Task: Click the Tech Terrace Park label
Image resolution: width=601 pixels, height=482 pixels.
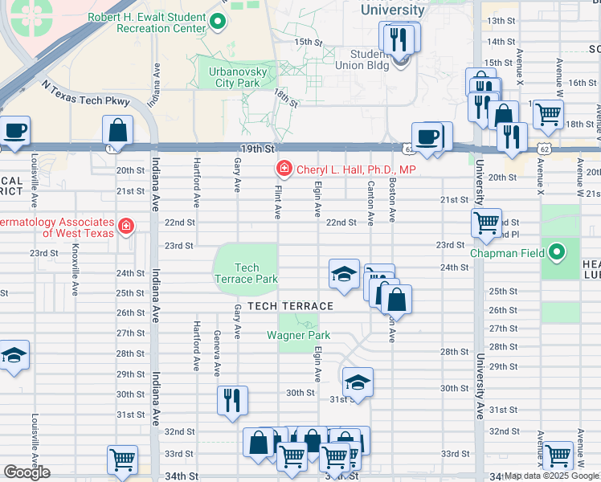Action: pos(246,273)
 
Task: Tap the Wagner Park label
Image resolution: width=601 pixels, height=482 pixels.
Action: pos(299,335)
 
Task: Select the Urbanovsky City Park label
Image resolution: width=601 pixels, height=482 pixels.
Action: pos(238,77)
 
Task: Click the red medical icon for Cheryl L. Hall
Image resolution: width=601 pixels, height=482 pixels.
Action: pos(284,168)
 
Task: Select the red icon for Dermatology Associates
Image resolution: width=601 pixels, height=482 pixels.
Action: pos(125,227)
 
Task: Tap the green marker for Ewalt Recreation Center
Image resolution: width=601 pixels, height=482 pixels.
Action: pos(218,21)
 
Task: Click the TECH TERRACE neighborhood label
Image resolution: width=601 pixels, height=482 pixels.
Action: pos(290,306)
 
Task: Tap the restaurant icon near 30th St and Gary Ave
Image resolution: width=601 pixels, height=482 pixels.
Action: pos(232,400)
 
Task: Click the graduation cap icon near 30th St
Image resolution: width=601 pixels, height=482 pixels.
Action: pos(358,382)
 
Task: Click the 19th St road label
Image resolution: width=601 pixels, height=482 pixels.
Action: pos(258,149)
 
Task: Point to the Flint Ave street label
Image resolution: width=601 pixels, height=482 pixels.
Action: pos(278,201)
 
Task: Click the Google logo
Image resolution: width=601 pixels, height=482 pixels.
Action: pos(27,472)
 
